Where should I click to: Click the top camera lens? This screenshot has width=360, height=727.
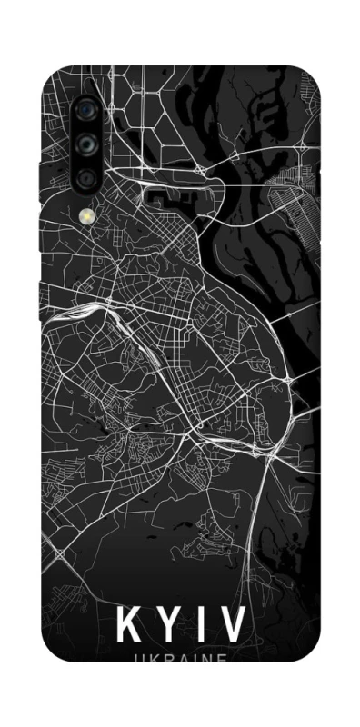tap(87, 107)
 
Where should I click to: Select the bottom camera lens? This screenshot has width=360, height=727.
tap(87, 177)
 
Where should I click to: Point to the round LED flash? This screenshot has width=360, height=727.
tap(87, 216)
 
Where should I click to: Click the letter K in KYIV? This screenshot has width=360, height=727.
tap(129, 625)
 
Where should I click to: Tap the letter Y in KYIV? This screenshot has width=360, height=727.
tap(169, 625)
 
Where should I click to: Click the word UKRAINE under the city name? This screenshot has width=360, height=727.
tap(180, 659)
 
